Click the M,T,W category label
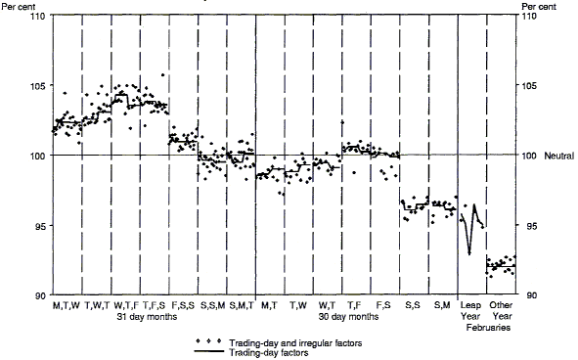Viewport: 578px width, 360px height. (x=66, y=306)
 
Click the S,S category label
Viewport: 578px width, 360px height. (x=413, y=306)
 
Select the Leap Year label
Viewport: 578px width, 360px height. (x=472, y=311)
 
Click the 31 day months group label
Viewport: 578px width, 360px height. (x=147, y=317)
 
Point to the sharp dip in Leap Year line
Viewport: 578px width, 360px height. (x=470, y=253)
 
